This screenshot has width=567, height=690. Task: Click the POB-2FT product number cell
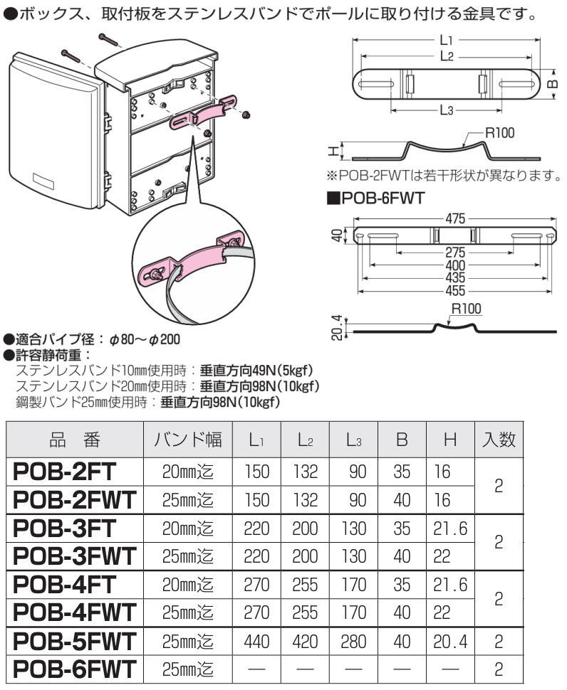[x=74, y=471]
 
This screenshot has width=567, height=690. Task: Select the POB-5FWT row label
[x=74, y=642]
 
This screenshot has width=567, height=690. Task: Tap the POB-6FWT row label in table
[x=74, y=670]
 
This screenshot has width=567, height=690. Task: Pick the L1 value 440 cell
[x=256, y=642]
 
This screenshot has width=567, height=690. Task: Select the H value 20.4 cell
[x=449, y=642]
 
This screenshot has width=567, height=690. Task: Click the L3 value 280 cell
[x=354, y=642]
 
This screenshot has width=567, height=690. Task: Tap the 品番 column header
[x=74, y=441]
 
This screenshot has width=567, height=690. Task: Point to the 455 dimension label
[x=453, y=291]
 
